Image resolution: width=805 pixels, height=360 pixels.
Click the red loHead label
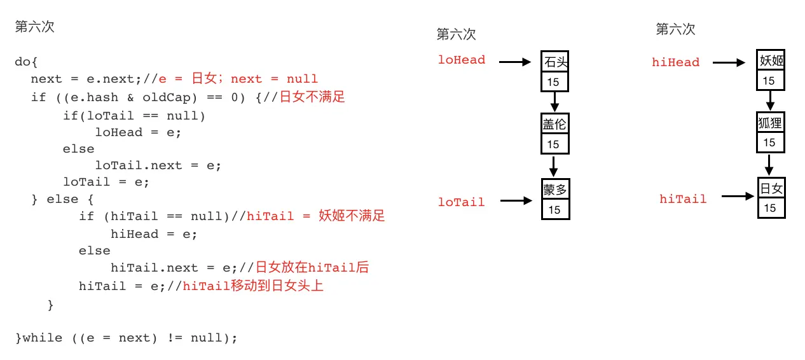462,60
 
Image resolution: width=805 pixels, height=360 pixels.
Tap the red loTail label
462,202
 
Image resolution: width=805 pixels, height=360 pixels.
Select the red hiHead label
675,62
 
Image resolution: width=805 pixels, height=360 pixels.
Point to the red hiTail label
683,199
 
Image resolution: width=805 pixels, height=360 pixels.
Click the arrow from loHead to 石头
514,62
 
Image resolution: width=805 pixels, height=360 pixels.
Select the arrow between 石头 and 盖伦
554,101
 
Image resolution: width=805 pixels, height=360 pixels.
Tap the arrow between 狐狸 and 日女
769,165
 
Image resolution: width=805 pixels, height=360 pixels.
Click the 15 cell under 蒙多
555,209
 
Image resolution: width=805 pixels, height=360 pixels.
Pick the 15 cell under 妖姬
769,81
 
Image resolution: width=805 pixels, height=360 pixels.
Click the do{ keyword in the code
27,62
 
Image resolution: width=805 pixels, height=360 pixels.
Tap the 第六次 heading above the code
34,27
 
